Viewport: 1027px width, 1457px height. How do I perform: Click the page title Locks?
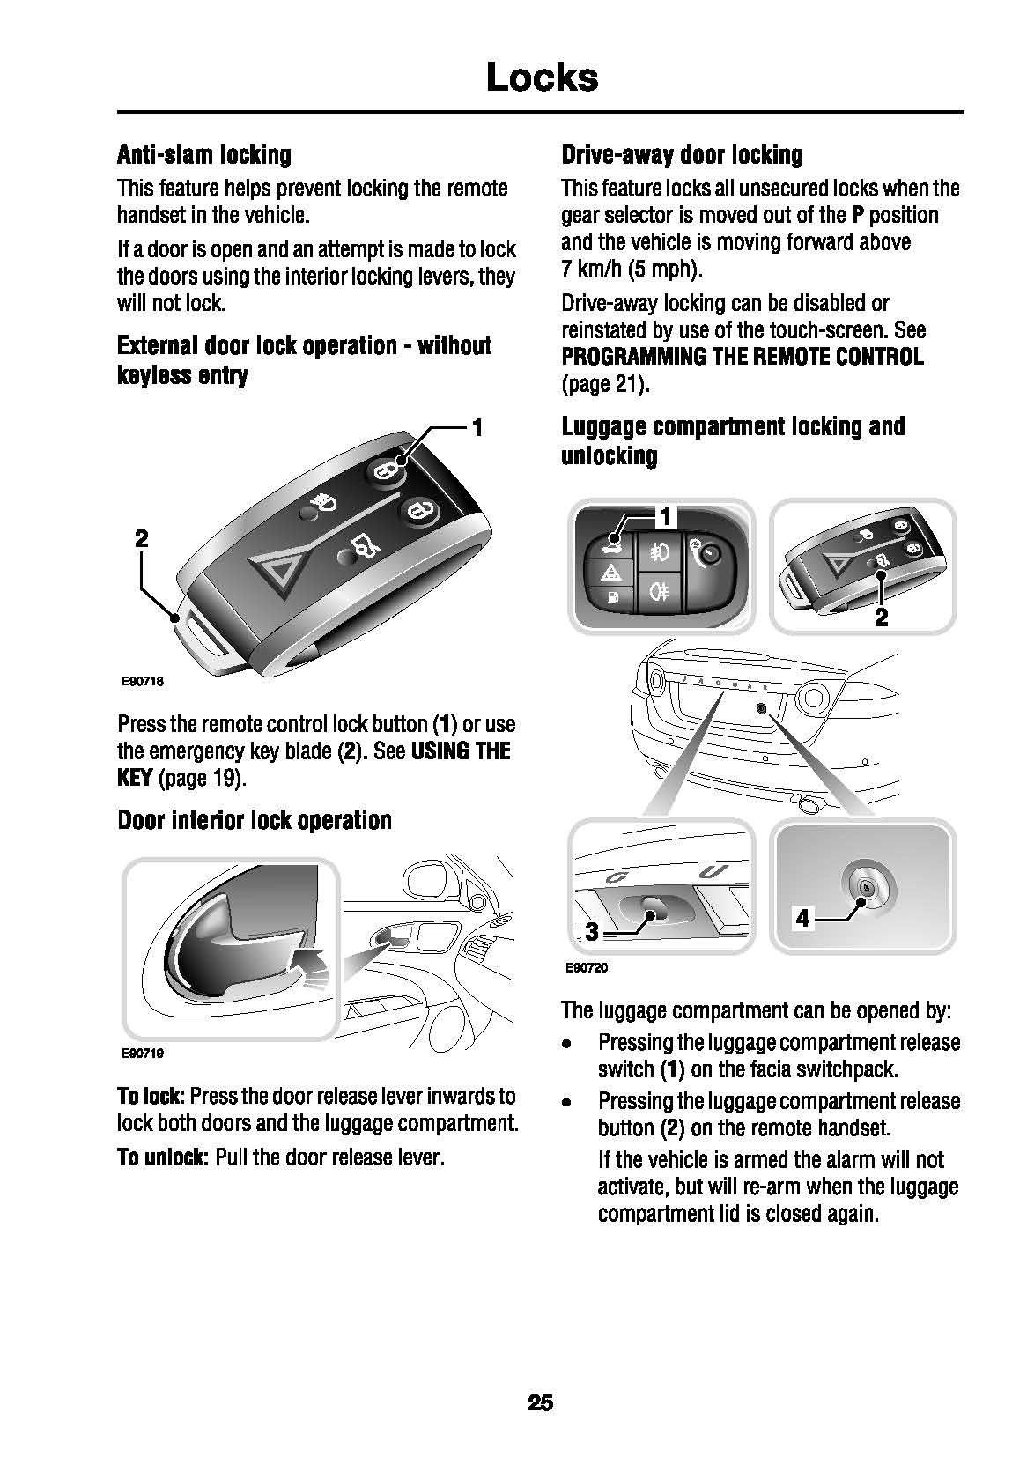pyautogui.click(x=541, y=78)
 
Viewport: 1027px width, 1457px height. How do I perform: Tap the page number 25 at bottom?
pyautogui.click(x=540, y=1402)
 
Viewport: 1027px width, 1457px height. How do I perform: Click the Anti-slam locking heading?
pyautogui.click(x=203, y=155)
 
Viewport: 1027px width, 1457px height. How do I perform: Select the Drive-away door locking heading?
pyautogui.click(x=682, y=155)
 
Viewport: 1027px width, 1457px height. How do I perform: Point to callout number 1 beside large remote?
pyautogui.click(x=477, y=429)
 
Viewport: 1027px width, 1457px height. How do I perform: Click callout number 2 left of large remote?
pyautogui.click(x=142, y=537)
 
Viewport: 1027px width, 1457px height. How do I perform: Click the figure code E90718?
pyautogui.click(x=143, y=681)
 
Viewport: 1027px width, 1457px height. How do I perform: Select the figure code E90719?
pyautogui.click(x=143, y=1053)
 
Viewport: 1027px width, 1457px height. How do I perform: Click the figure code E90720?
pyautogui.click(x=587, y=968)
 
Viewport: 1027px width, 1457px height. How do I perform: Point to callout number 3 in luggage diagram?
pyautogui.click(x=592, y=931)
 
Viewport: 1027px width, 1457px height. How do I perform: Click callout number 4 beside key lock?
pyautogui.click(x=802, y=919)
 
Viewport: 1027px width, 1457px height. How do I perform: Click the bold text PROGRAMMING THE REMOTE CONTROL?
pyautogui.click(x=743, y=357)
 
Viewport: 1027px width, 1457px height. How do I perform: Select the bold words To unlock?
pyautogui.click(x=163, y=1157)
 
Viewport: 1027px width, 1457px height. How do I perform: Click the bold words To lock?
pyautogui.click(x=151, y=1096)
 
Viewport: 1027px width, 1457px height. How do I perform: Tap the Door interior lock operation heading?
pyautogui.click(x=255, y=820)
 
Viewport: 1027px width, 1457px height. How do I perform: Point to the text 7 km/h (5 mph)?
pyautogui.click(x=631, y=269)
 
